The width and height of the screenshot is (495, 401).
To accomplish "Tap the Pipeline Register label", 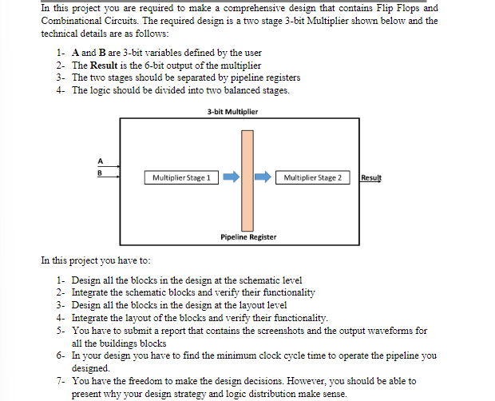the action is click(x=248, y=237).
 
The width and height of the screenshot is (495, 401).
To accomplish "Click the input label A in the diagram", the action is click(x=101, y=157).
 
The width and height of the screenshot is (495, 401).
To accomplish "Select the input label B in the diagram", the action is click(x=101, y=169).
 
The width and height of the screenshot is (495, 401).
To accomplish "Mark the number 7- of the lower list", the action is click(x=61, y=381).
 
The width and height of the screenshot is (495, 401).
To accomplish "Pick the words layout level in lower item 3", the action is click(x=260, y=304).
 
